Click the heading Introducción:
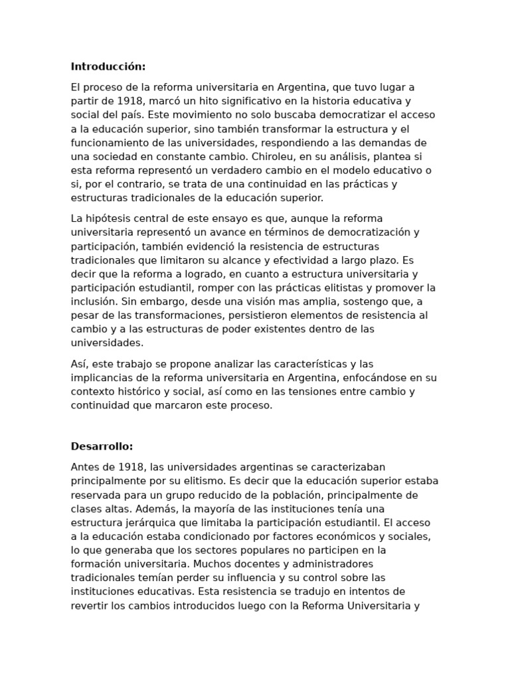pyautogui.click(x=108, y=66)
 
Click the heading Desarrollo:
pyautogui.click(x=102, y=446)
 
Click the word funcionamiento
pyautogui.click(x=110, y=143)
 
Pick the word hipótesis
pyautogui.click(x=110, y=218)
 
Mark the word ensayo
pyautogui.click(x=230, y=218)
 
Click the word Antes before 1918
pyautogui.click(x=86, y=467)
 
